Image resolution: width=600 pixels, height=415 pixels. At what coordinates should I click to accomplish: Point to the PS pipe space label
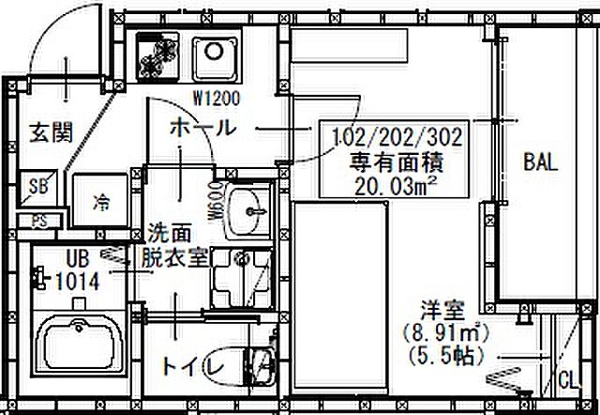(37, 222)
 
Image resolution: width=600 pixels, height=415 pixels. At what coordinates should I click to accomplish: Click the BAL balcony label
(541, 161)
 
